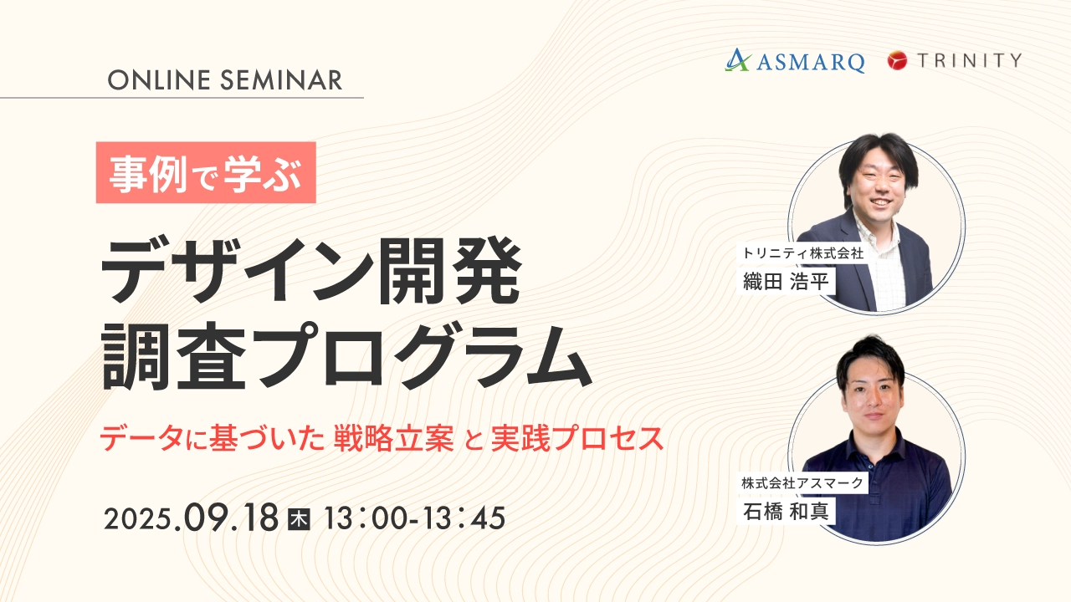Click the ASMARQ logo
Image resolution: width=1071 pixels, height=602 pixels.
(x=795, y=61)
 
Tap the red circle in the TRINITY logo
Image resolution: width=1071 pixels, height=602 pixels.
(x=897, y=61)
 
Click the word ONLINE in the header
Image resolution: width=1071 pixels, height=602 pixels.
(x=159, y=79)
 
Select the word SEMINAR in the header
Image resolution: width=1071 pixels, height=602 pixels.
(x=281, y=79)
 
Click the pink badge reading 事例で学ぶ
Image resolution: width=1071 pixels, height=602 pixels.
(x=206, y=172)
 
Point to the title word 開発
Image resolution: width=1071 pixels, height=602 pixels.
(x=449, y=271)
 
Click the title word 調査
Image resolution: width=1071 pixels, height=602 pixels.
(x=174, y=356)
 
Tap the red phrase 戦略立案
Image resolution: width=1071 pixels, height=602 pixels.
(x=394, y=438)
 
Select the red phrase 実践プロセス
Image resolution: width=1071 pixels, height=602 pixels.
(x=577, y=438)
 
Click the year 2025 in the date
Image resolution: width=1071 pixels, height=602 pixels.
(x=138, y=519)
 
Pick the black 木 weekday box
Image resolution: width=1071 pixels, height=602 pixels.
(x=299, y=520)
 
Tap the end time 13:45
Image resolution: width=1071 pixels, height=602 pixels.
(x=464, y=519)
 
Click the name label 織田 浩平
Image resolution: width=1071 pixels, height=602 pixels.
(x=786, y=281)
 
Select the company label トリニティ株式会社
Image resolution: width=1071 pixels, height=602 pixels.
(x=802, y=253)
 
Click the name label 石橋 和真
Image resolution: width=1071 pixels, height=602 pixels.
(x=786, y=512)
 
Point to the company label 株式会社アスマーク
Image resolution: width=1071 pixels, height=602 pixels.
(x=802, y=483)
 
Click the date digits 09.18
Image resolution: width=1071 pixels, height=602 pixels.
(x=230, y=518)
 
